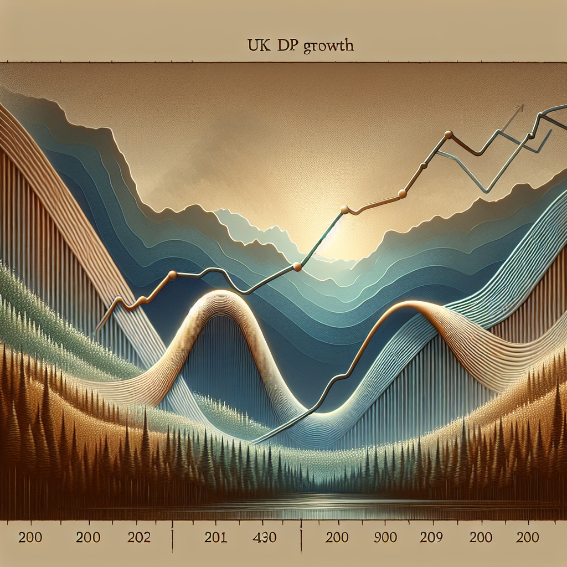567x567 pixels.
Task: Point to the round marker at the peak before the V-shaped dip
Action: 449,135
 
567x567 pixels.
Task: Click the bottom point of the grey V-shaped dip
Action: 485,192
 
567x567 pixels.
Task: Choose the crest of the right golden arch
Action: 413,304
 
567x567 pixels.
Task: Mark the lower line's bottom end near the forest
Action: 252,442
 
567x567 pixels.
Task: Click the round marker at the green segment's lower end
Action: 297,267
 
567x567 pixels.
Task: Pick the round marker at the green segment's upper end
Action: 344,209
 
